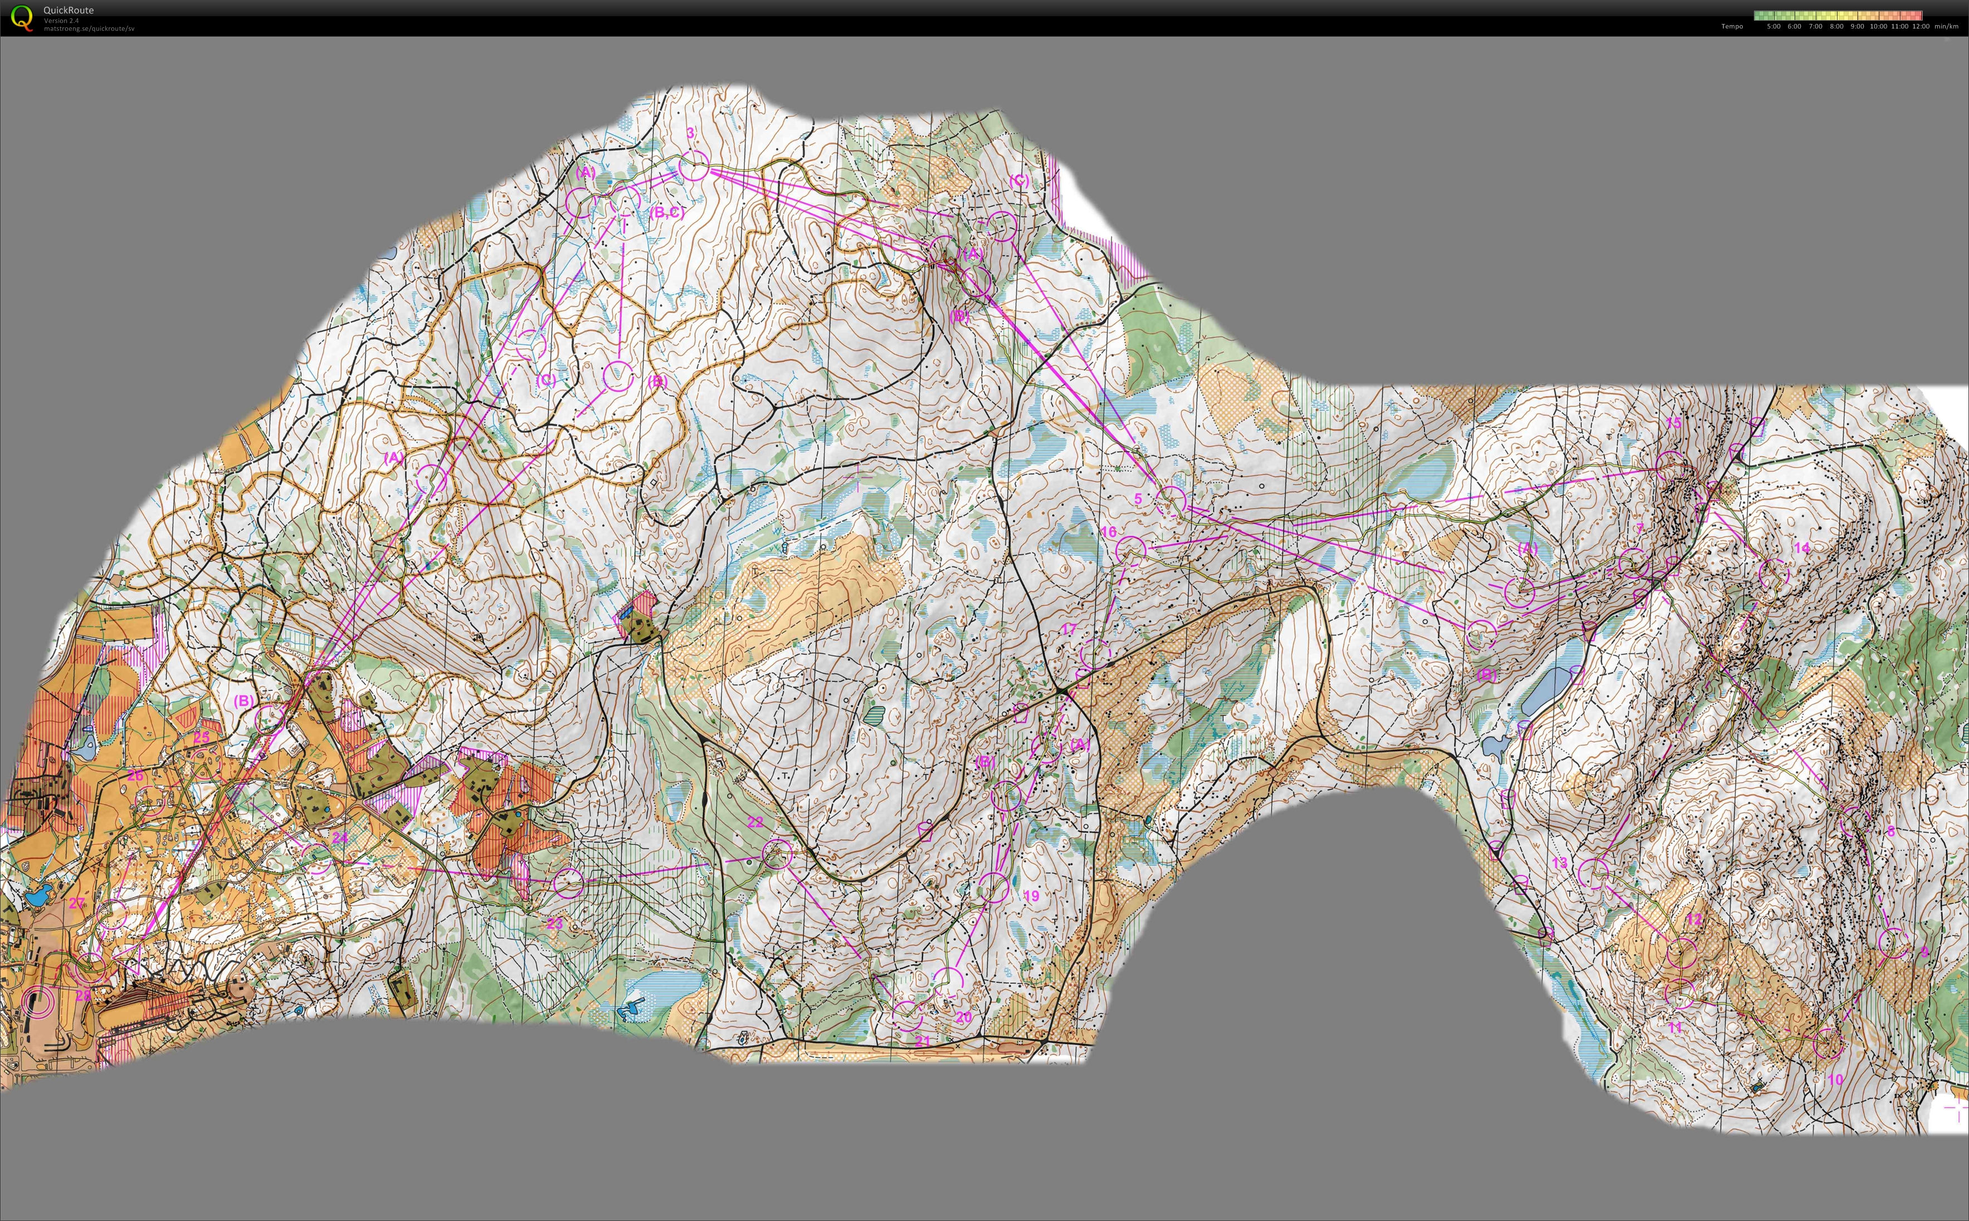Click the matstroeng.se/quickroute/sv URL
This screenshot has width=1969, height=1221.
click(89, 29)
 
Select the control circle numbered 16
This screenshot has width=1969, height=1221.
click(1130, 551)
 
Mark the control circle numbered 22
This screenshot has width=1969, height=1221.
click(777, 853)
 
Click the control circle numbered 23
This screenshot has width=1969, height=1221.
click(568, 883)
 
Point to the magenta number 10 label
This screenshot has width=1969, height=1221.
click(1835, 1079)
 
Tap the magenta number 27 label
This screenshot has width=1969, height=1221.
click(77, 903)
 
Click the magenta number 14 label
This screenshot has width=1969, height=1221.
click(1802, 547)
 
